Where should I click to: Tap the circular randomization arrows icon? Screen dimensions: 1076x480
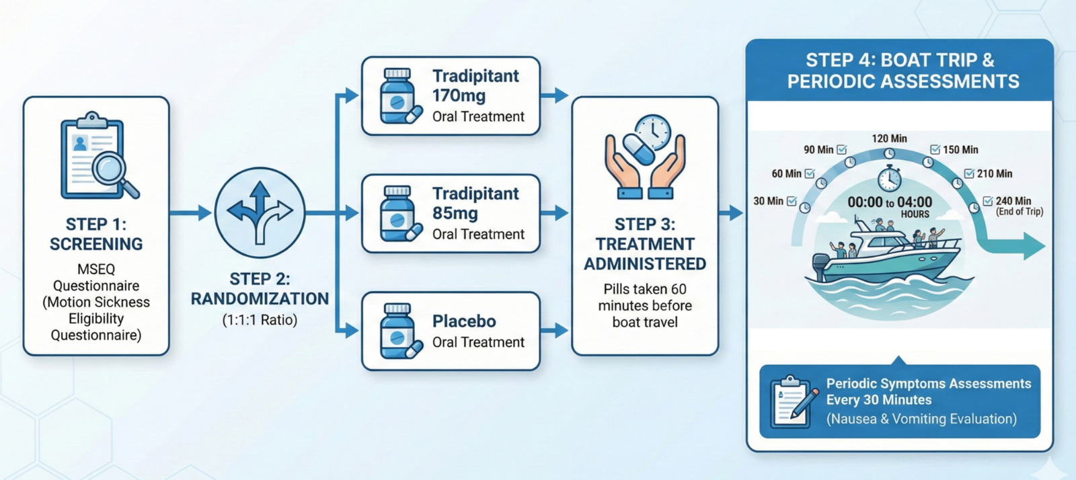(x=260, y=212)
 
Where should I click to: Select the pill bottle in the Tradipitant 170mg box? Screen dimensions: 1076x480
(x=397, y=96)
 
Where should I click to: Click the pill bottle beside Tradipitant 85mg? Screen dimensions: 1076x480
(x=397, y=214)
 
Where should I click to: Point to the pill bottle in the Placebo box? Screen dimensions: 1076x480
(x=397, y=331)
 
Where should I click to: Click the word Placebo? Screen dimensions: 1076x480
(x=464, y=321)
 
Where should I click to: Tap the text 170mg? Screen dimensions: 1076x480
(x=459, y=95)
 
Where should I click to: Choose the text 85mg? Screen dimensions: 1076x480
(x=455, y=213)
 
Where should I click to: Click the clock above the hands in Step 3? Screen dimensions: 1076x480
(x=652, y=132)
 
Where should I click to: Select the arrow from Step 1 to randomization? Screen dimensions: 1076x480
(x=191, y=212)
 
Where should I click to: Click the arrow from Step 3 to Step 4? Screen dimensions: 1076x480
(x=730, y=212)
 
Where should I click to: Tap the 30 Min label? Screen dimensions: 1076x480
(x=768, y=201)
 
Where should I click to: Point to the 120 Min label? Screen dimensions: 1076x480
(x=890, y=138)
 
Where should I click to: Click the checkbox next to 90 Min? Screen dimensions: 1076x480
(x=841, y=150)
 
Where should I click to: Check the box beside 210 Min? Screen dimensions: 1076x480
(x=969, y=173)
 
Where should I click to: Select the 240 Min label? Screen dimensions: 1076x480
(x=1013, y=200)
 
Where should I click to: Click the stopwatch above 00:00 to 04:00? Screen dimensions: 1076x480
(x=890, y=178)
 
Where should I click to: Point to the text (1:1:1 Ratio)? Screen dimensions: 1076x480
(x=260, y=320)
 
